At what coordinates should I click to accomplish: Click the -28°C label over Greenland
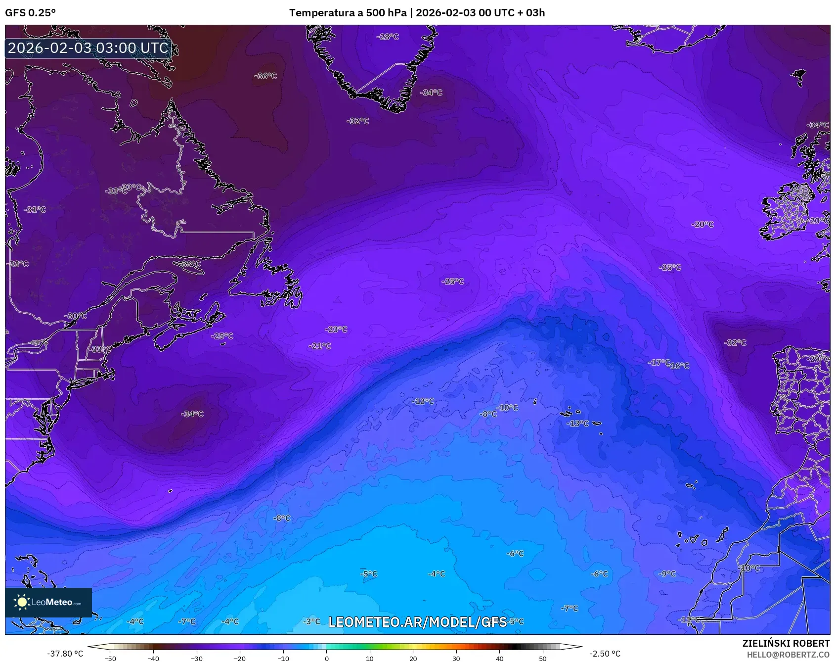(x=388, y=37)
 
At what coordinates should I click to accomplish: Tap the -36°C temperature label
(x=265, y=76)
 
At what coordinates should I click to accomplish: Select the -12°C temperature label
(x=423, y=401)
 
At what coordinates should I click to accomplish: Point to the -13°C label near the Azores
(x=577, y=424)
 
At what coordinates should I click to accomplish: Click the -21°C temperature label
(x=320, y=346)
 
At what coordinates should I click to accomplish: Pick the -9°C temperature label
(x=667, y=573)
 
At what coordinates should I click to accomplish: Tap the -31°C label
(x=35, y=210)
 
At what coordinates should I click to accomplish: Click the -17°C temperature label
(x=659, y=363)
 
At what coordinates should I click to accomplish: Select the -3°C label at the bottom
(x=311, y=621)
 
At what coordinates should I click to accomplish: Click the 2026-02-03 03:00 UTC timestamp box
(x=88, y=48)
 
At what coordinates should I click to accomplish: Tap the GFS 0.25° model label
(x=31, y=13)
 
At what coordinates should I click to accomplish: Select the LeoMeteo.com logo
(x=48, y=602)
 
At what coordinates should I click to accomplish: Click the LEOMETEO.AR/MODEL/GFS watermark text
(x=418, y=622)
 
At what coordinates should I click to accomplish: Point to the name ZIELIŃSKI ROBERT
(x=786, y=643)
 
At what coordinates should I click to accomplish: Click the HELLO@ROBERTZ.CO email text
(x=788, y=655)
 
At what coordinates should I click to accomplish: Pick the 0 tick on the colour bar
(x=326, y=658)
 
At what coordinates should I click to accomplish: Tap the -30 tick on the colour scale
(x=197, y=658)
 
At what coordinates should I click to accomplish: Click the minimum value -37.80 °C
(x=65, y=654)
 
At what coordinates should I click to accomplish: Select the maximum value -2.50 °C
(x=605, y=654)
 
